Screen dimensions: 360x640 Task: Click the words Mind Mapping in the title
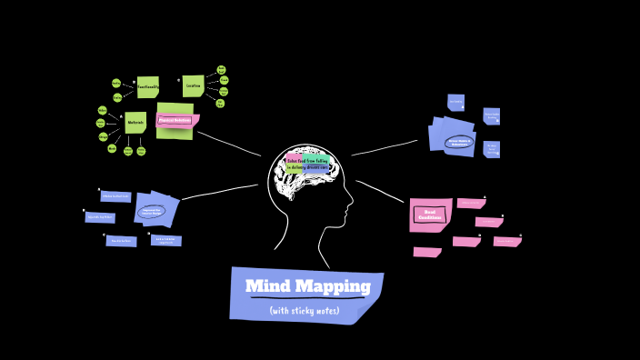coord(307,287)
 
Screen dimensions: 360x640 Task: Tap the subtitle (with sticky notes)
coord(304,311)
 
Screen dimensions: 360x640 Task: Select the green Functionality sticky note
coord(148,87)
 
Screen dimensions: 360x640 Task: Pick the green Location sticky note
coord(193,86)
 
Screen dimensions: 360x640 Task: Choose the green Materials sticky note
coord(135,123)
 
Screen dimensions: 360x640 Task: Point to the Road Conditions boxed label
coord(429,215)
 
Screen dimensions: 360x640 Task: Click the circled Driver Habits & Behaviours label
coord(458,142)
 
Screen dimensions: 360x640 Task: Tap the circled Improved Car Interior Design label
coord(152,212)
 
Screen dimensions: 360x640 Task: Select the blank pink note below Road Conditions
coord(426,252)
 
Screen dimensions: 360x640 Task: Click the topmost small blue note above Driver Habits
coord(455,102)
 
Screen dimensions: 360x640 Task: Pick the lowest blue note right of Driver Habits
coord(492,149)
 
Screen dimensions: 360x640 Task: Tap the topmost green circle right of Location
coord(221,70)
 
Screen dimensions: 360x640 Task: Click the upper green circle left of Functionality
coord(116,83)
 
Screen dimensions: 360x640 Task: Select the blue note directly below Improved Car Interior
coord(165,241)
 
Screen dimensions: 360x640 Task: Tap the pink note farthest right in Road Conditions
coord(507,242)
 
